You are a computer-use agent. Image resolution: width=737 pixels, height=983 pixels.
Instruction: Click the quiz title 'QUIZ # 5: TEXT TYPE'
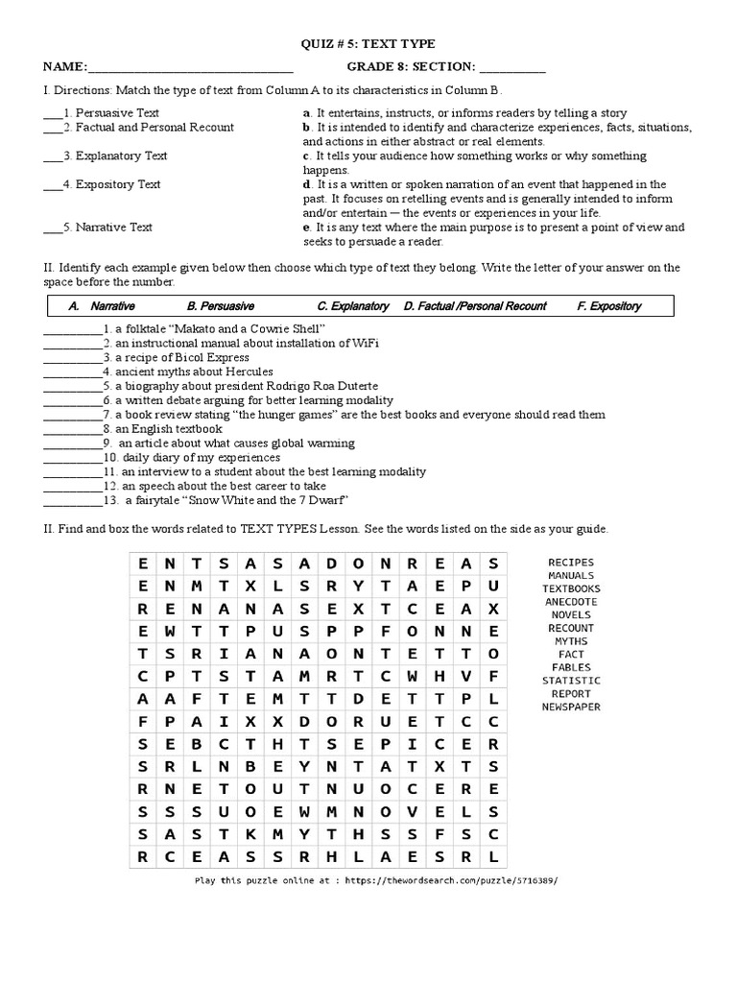click(x=368, y=44)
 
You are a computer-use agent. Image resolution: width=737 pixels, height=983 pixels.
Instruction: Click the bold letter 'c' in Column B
click(x=306, y=156)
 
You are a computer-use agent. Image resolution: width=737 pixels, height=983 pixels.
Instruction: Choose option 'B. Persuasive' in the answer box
click(x=221, y=306)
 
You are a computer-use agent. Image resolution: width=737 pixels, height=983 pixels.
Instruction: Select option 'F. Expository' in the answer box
click(x=609, y=306)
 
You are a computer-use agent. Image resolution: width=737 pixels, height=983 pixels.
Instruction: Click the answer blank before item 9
click(x=72, y=444)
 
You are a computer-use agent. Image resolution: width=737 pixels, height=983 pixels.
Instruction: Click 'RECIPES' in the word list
click(x=571, y=563)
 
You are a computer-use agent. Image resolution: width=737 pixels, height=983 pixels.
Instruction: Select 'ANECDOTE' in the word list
click(x=571, y=602)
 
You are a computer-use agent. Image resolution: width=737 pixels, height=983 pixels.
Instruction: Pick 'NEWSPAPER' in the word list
click(x=571, y=707)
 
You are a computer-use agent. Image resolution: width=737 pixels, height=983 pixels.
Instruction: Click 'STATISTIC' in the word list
click(x=571, y=681)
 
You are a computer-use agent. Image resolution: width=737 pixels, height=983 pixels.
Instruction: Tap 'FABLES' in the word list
click(x=571, y=667)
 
